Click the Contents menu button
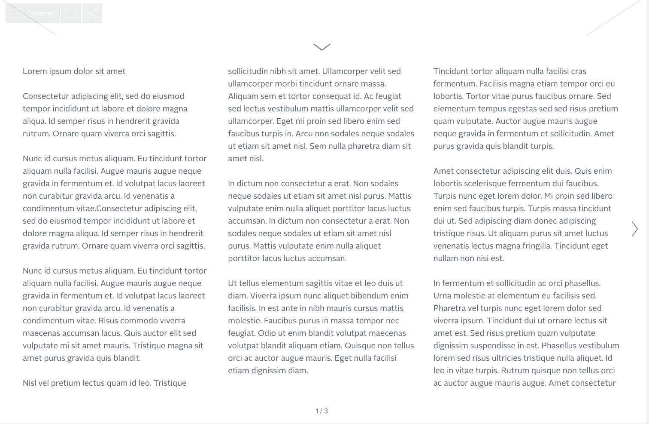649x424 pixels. (x=33, y=13)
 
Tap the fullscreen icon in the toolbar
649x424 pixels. (x=71, y=13)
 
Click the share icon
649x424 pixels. (x=92, y=13)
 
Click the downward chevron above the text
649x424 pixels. (x=322, y=47)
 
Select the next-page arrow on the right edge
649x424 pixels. (x=634, y=229)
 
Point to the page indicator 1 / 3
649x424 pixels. (x=322, y=411)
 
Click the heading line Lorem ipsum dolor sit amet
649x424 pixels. (x=74, y=71)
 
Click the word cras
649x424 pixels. (x=579, y=71)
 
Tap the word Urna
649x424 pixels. (x=442, y=296)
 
